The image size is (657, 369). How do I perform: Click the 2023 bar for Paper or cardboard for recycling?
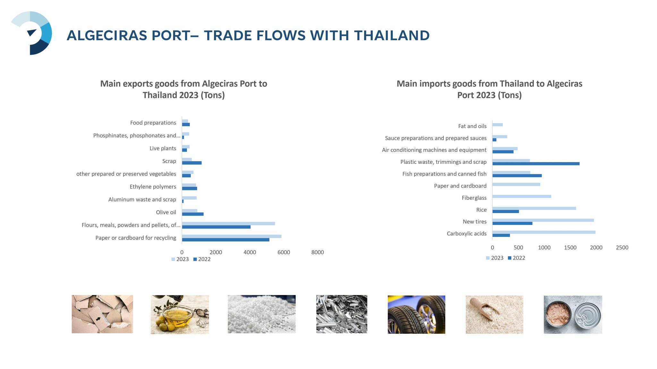tap(232, 236)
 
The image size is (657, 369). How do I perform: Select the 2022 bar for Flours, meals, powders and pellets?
tap(216, 227)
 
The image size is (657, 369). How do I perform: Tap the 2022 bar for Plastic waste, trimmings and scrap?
tap(536, 164)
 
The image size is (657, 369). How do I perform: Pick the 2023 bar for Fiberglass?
tap(522, 196)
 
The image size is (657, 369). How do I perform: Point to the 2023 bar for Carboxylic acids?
tap(544, 232)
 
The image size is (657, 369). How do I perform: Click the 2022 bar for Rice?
tap(506, 211)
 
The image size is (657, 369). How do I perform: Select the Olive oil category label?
tap(166, 212)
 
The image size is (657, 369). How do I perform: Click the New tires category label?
tap(474, 222)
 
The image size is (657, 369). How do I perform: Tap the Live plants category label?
tap(163, 148)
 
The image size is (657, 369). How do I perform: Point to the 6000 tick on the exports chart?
tap(284, 252)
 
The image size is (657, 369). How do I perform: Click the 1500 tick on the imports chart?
tap(570, 248)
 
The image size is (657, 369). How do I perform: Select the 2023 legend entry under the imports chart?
tap(495, 258)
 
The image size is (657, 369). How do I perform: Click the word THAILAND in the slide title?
tap(392, 36)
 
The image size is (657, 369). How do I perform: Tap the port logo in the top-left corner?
tap(31, 33)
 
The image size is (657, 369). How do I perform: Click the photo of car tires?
tap(416, 315)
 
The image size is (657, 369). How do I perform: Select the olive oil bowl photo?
tap(180, 315)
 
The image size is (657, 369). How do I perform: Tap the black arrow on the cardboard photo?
tap(98, 319)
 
